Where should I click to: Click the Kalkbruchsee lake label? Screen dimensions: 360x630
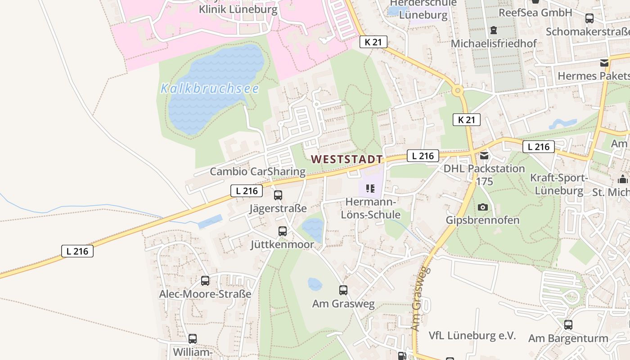pyautogui.click(x=210, y=88)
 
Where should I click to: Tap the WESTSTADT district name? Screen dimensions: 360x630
pyautogui.click(x=346, y=159)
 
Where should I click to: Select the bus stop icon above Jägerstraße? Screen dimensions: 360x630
pyautogui.click(x=278, y=195)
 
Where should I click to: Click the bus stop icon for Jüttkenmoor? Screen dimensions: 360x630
pyautogui.click(x=283, y=231)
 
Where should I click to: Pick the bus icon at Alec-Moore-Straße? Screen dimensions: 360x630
pyautogui.click(x=205, y=281)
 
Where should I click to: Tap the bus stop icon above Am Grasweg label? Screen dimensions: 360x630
pyautogui.click(x=343, y=290)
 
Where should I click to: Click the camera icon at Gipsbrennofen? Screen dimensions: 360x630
pyautogui.click(x=483, y=207)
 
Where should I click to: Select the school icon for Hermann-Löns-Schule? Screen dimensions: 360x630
pyautogui.click(x=370, y=189)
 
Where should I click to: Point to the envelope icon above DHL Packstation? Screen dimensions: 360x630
pyautogui.click(x=484, y=156)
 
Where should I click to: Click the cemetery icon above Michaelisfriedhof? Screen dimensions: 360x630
pyautogui.click(x=494, y=30)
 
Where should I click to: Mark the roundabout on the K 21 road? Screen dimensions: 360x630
pyautogui.click(x=458, y=90)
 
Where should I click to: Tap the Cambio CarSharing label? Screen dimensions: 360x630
pyautogui.click(x=257, y=171)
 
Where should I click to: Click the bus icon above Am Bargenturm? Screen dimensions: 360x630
pyautogui.click(x=568, y=324)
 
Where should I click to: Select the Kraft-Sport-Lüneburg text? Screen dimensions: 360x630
pyautogui.click(x=559, y=184)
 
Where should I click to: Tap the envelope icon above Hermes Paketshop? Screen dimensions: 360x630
pyautogui.click(x=604, y=63)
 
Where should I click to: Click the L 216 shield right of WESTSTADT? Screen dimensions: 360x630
pyautogui.click(x=423, y=156)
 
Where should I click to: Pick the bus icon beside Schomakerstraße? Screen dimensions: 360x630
pyautogui.click(x=589, y=18)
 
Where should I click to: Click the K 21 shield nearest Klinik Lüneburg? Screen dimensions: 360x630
pyautogui.click(x=373, y=42)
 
